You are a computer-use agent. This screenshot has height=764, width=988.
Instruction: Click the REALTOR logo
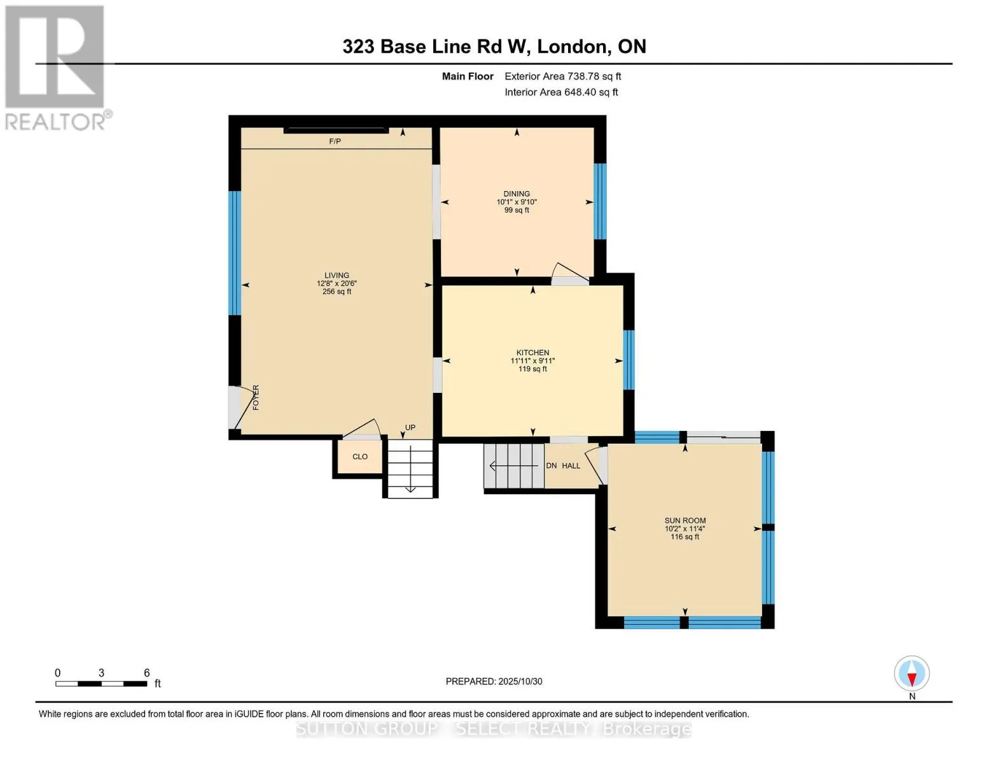56,67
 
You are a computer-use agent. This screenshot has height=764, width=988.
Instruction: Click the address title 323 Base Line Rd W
494,46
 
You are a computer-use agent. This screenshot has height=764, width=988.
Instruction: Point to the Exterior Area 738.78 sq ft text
562,76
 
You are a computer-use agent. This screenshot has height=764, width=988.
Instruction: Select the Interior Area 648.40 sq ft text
561,92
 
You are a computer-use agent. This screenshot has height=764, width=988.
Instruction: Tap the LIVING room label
337,276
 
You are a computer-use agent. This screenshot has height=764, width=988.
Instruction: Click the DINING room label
517,194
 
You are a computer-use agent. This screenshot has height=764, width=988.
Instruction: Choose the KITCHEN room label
532,353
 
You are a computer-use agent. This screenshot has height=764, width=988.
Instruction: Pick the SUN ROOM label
685,521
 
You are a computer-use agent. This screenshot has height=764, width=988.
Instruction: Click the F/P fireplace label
335,141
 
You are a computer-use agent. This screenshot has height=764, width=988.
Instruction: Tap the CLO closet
360,456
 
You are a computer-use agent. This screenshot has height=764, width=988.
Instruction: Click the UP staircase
410,468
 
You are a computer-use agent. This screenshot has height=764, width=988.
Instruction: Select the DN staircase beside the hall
513,466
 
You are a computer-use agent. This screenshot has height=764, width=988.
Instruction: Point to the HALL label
571,466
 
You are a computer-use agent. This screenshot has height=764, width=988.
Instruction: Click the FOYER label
256,397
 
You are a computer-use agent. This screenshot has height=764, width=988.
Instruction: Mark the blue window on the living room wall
235,253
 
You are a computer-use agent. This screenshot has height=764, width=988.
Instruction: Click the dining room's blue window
600,201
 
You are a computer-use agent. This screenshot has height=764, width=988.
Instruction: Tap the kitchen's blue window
629,360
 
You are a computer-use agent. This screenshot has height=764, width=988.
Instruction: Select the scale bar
102,684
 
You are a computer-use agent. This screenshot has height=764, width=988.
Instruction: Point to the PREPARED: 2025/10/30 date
494,681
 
